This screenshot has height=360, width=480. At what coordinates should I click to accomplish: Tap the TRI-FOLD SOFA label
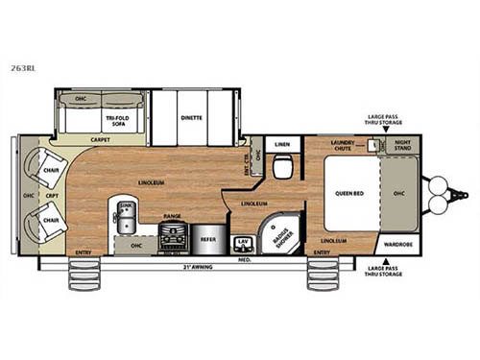(x=102, y=118)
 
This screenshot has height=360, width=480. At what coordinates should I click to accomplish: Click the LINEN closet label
(x=281, y=145)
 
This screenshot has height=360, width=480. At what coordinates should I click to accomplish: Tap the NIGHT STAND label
(x=401, y=145)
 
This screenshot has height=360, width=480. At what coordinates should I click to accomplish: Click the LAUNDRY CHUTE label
(x=343, y=145)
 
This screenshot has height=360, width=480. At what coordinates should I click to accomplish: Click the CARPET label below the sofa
(x=101, y=140)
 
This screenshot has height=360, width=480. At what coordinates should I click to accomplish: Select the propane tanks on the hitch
(x=440, y=193)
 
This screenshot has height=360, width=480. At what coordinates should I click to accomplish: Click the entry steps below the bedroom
(x=320, y=274)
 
